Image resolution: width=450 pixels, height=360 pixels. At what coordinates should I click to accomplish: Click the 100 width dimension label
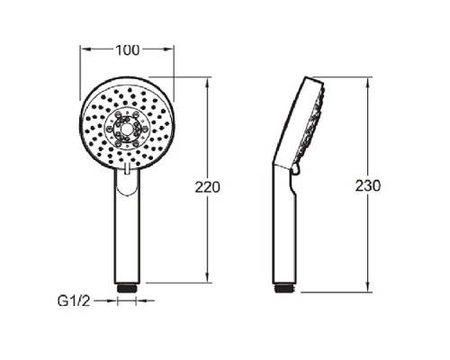[128, 50]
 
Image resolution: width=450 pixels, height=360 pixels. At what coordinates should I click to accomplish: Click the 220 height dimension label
[207, 187]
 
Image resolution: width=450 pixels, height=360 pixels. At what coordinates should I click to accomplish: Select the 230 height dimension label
[368, 185]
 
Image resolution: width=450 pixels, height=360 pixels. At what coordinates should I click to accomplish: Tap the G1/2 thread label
[74, 301]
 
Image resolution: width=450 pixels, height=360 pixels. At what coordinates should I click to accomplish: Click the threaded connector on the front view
[127, 288]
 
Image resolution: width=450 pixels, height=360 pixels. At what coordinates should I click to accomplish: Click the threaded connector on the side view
[285, 288]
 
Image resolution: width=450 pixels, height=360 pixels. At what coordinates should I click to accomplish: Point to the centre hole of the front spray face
[127, 129]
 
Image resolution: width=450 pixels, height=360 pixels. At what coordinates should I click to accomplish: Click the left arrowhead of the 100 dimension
[86, 49]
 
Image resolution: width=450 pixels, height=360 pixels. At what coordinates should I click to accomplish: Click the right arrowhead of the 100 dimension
[167, 49]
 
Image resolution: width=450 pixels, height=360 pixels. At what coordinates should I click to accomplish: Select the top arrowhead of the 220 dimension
[207, 84]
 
